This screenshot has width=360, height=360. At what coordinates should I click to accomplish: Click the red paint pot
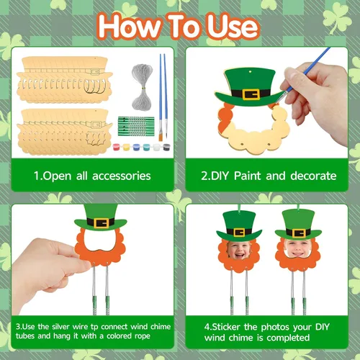coord(117,147)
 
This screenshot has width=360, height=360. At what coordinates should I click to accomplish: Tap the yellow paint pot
coord(127,147)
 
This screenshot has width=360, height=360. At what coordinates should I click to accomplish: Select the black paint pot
coord(166,147)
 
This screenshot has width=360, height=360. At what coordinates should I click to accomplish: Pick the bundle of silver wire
coord(142,87)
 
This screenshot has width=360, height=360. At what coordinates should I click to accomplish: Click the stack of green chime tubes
coord(136,126)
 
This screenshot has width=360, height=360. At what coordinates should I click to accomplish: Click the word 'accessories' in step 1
coord(122,176)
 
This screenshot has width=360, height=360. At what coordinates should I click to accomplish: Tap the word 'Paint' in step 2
coord(247,176)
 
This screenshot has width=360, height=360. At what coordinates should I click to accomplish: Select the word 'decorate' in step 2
coord(313,176)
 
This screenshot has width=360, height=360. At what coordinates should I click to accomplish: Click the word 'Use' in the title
coord(233,27)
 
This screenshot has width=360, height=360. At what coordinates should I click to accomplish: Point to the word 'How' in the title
coord(130,27)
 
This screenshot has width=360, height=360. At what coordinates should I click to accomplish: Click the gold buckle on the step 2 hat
coord(251,94)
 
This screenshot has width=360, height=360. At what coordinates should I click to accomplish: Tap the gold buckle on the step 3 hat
coord(101,222)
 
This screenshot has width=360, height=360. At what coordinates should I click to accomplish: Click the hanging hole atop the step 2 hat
coord(251,71)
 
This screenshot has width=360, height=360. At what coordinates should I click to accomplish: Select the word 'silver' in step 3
coord(60,327)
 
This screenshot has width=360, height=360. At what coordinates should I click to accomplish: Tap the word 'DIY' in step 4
coord(323,327)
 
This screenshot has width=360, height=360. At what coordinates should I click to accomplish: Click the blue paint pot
coord(136,147)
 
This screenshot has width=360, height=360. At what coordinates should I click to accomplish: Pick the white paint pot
coord(156,147)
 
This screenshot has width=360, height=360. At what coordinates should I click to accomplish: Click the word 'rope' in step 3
coord(143,336)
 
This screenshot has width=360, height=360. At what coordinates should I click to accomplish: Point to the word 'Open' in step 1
coord(57,176)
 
